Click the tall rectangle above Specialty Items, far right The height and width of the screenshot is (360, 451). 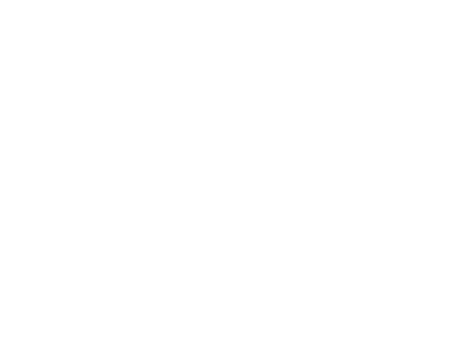(x=400, y=299)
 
